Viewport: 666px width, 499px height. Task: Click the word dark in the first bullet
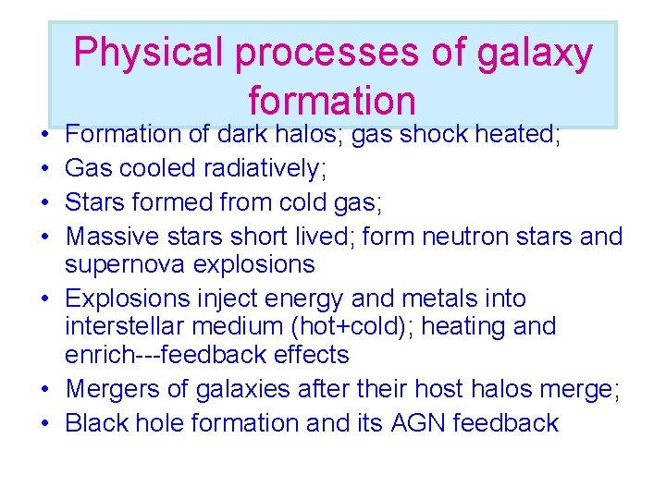point(244,135)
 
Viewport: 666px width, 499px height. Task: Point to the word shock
point(427,135)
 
